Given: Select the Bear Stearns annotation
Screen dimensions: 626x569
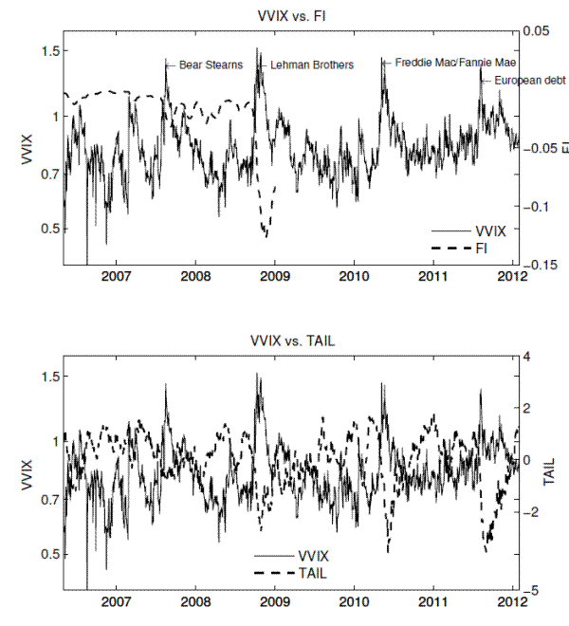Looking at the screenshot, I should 211,65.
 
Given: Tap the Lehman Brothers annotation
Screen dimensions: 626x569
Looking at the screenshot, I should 312,65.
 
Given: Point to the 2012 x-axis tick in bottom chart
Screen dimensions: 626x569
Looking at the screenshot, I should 512,601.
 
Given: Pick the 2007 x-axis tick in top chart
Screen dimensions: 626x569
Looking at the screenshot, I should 116,276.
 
